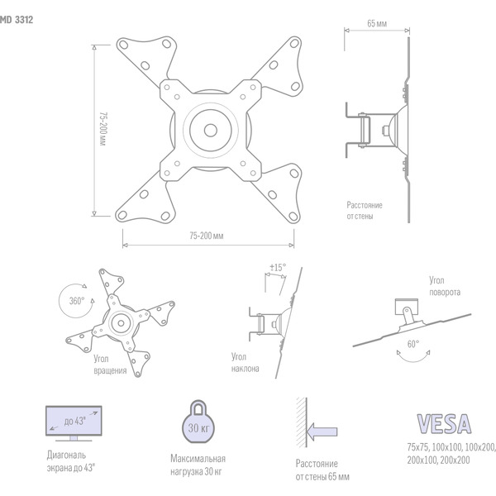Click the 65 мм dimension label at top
click(376, 25)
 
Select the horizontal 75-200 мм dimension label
click(207, 236)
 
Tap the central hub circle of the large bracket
click(210, 129)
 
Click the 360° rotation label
click(77, 302)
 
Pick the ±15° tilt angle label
click(277, 268)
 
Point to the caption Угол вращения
click(110, 365)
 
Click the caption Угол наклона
click(246, 363)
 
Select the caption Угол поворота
click(445, 286)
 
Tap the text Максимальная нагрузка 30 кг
click(198, 465)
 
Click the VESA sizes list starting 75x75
click(451, 453)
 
